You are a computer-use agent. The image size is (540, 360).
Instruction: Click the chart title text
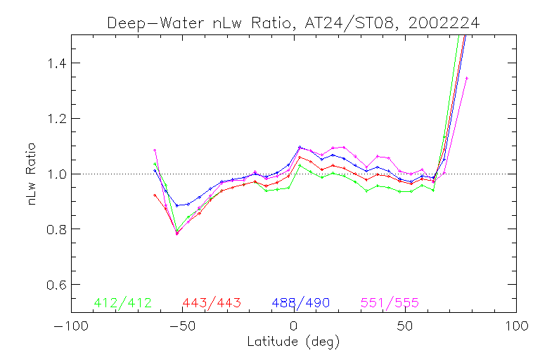click(293, 22)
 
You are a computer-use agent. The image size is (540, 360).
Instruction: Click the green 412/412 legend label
click(122, 303)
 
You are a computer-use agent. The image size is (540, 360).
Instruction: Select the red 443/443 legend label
click(212, 303)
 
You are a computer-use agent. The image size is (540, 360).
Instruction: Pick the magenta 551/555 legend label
click(390, 303)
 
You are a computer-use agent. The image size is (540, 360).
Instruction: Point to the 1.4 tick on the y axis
click(53, 63)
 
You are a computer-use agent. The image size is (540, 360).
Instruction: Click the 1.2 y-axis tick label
click(53, 119)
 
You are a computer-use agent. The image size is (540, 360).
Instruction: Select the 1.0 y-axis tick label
click(53, 174)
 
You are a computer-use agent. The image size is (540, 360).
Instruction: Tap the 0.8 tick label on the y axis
click(53, 230)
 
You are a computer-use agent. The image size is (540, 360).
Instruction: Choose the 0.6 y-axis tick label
click(53, 285)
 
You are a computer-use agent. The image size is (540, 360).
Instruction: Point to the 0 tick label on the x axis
click(294, 327)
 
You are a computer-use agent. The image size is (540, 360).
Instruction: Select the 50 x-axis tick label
click(405, 327)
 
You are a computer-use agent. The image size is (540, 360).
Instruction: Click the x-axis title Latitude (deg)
click(293, 342)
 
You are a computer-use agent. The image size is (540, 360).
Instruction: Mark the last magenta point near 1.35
click(466, 78)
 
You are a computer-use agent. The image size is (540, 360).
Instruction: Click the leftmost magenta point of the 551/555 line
click(155, 150)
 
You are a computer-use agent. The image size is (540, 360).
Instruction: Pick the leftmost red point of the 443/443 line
click(155, 195)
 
